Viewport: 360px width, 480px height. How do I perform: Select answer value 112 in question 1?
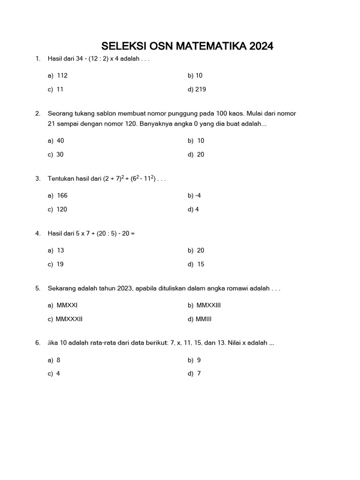(62, 75)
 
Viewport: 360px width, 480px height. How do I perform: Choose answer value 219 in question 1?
(200, 89)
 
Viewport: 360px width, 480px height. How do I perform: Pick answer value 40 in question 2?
(60, 141)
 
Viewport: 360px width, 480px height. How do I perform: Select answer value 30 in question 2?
(60, 154)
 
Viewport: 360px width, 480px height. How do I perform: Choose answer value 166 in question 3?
(62, 195)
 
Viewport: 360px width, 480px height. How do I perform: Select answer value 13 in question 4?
(60, 250)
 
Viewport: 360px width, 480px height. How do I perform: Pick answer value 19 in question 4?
(60, 264)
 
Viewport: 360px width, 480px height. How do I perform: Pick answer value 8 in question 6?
(59, 360)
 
